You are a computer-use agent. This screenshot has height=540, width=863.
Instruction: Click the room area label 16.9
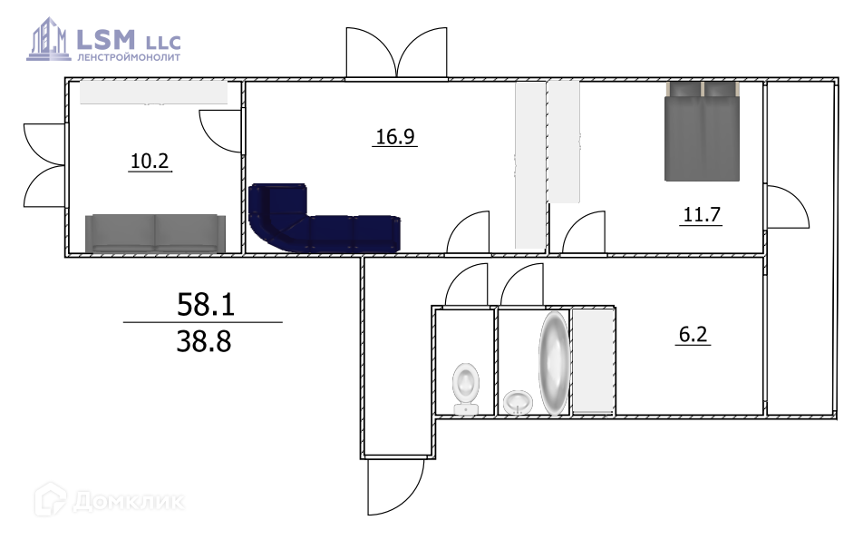click(x=395, y=136)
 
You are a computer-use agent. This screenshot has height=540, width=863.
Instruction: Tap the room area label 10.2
click(x=150, y=161)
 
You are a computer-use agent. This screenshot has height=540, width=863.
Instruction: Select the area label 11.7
click(x=702, y=214)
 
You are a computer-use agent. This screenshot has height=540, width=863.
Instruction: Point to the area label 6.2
click(x=693, y=334)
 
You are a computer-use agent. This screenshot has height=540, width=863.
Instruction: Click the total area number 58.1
click(x=205, y=304)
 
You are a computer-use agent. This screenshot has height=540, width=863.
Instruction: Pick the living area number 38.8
click(x=204, y=341)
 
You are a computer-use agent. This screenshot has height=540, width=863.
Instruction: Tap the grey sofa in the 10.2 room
click(x=155, y=233)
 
